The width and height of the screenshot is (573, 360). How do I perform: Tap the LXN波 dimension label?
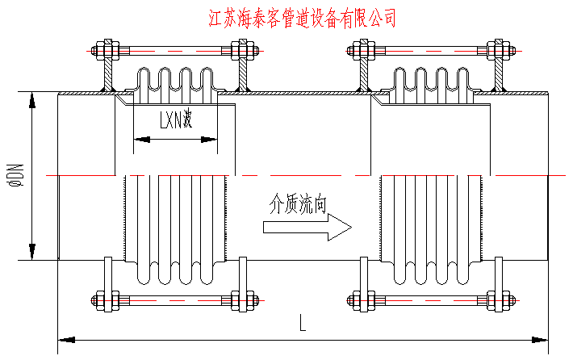[174, 122]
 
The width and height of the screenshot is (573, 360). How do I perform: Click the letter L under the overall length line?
[302, 324]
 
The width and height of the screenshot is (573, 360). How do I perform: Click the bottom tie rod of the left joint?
[175, 301]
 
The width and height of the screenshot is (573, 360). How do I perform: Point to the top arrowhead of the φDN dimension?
[32, 100]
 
